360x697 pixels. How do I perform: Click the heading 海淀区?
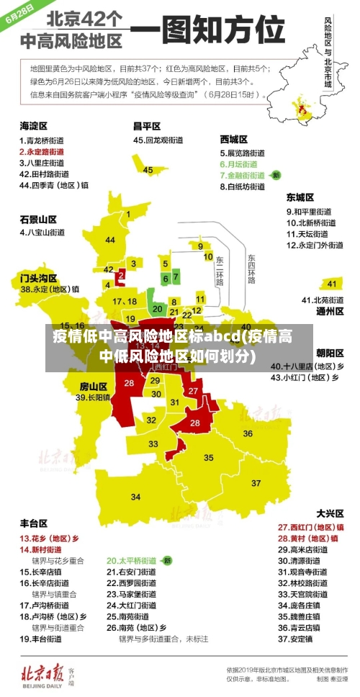tap(33, 126)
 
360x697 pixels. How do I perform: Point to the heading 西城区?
tap(233, 138)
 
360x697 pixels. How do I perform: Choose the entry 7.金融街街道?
tap(246, 175)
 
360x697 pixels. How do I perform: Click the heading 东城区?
tap(300, 197)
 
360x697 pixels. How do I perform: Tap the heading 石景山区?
tap(38, 219)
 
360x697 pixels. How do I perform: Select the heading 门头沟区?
tap(38, 276)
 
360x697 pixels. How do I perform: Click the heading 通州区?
tap(330, 312)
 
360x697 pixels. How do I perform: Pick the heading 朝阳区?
tap(330, 353)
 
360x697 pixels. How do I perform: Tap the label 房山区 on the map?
tap(93, 385)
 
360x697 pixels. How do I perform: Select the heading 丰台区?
tap(33, 523)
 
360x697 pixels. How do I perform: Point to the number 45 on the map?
tap(148, 170)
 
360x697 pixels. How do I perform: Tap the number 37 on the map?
tap(256, 463)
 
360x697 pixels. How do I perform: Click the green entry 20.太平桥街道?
tap(132, 560)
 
